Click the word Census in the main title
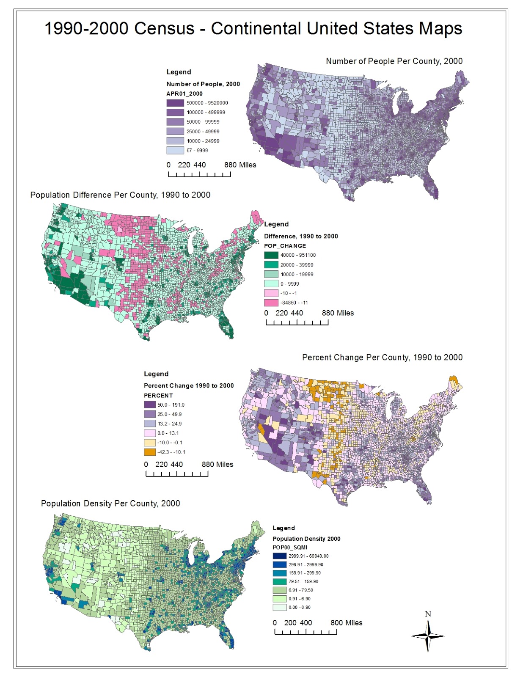coord(165,29)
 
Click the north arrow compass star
coord(428,636)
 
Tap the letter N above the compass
coord(428,614)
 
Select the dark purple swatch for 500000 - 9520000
coord(175,103)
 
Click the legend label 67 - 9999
coord(197,151)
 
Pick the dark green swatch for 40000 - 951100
coord(271,255)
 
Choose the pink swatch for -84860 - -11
coord(271,303)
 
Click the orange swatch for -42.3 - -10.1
coord(150,452)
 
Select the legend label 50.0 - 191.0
coord(171,405)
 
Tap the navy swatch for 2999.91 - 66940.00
coord(279,556)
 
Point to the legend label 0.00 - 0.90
coord(300,608)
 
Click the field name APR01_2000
coord(184,94)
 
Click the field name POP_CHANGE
coord(285,246)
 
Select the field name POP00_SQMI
coord(290,548)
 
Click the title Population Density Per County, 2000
coord(110,504)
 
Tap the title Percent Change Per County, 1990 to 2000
coord(382,358)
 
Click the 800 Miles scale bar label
coord(347,623)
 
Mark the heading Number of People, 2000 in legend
coord(203,84)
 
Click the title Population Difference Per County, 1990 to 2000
coord(120,195)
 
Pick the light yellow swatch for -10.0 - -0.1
coord(150,443)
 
